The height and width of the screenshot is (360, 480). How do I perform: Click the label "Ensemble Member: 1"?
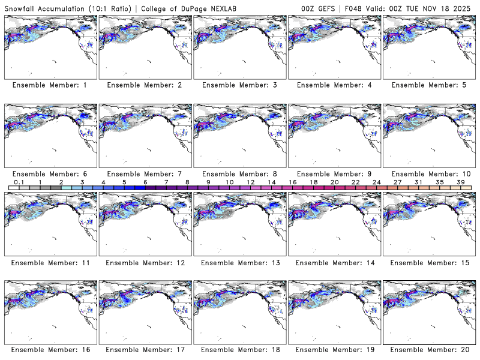[x=50, y=85]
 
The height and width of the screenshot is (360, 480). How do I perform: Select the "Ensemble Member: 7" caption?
[x=144, y=174]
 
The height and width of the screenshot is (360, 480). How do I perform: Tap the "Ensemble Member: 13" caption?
[x=239, y=263]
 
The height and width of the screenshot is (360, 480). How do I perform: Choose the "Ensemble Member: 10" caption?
[x=428, y=174]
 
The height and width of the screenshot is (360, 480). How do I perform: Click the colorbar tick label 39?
[x=461, y=182]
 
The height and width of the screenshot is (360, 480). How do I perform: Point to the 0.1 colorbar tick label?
[x=19, y=182]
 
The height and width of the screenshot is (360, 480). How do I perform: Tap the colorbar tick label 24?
[x=377, y=182]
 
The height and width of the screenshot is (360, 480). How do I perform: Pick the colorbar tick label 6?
[x=145, y=182]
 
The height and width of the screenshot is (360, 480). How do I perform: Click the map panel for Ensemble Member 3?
[x=240, y=47]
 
